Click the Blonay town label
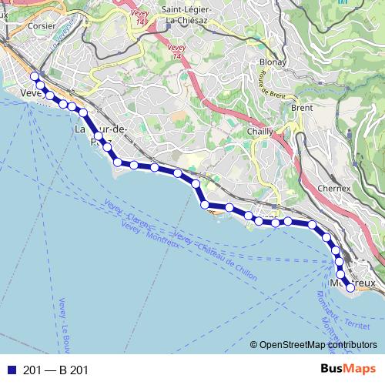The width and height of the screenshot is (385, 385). [x=273, y=62]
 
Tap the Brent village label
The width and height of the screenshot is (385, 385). [x=302, y=108]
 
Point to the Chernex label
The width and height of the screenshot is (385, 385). [x=334, y=188]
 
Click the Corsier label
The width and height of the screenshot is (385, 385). [x=41, y=25]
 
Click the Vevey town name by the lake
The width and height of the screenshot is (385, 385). [x=29, y=93]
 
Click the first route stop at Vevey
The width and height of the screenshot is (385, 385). [x=33, y=76]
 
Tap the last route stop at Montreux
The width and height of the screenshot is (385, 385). [x=350, y=288]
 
